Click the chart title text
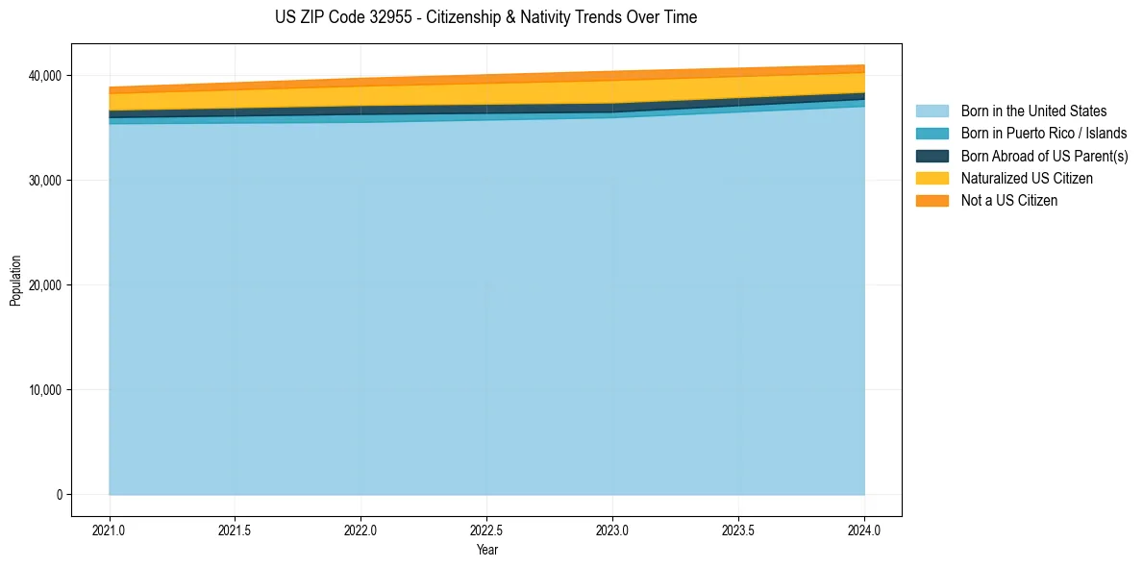pos(485,17)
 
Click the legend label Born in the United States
pos(1033,111)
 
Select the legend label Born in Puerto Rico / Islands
pos(1043,134)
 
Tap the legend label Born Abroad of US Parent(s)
pos(1044,156)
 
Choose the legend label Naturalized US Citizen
pos(1027,178)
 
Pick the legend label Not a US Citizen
pos(1008,200)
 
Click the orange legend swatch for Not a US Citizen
pos(932,200)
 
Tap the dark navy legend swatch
pos(932,156)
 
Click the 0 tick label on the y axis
pos(59,495)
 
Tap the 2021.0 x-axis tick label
pos(110,529)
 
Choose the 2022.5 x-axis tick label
pos(486,529)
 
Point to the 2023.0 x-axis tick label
pos(612,529)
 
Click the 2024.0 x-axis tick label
pos(864,529)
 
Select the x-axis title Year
pos(486,550)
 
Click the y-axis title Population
pos(15,281)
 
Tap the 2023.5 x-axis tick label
pos(738,529)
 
